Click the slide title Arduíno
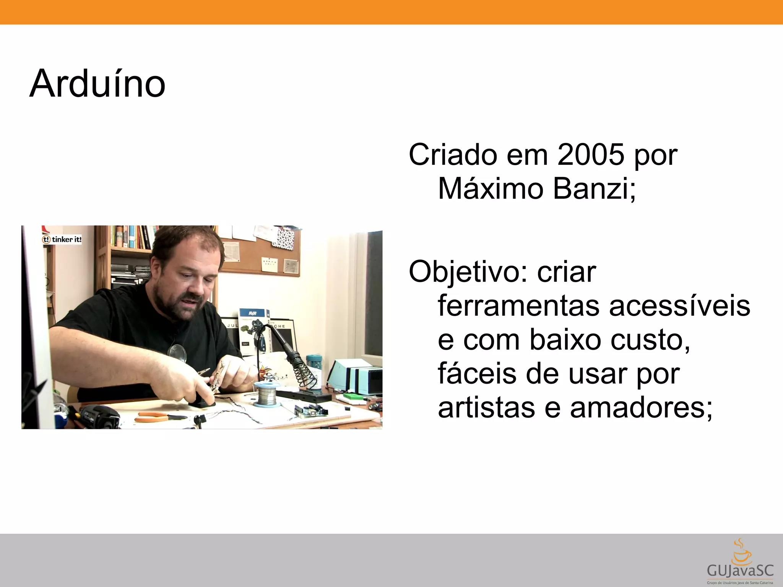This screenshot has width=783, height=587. point(97,84)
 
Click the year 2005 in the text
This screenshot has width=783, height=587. point(591,154)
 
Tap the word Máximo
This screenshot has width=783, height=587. point(491,188)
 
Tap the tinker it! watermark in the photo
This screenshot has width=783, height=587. point(62,240)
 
